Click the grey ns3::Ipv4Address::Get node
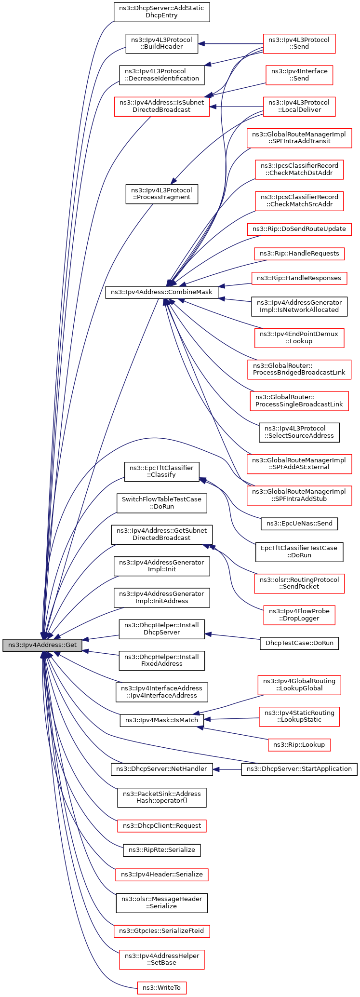[x=42, y=645]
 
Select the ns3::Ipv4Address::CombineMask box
[x=161, y=292]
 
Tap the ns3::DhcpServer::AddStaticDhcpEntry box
[x=161, y=12]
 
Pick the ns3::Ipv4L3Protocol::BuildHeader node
[x=161, y=43]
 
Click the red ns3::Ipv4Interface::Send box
[x=299, y=75]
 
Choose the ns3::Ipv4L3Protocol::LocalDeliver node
[x=299, y=106]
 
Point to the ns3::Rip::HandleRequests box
[x=299, y=254]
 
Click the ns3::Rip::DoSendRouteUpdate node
[x=299, y=229]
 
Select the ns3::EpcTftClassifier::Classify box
[x=161, y=472]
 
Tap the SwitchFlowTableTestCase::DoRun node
[x=161, y=503]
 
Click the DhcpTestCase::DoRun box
[x=299, y=643]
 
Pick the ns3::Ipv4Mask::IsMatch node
[x=161, y=720]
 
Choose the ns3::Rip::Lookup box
[x=299, y=745]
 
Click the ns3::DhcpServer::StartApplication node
[x=299, y=769]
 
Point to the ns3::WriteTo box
[x=161, y=988]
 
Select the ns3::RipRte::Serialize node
[x=161, y=850]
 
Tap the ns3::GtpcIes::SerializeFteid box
[x=161, y=931]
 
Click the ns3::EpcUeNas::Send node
[x=299, y=523]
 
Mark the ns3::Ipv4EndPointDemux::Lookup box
[x=299, y=337]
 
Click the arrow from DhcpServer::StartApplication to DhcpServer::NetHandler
[x=227, y=769]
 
